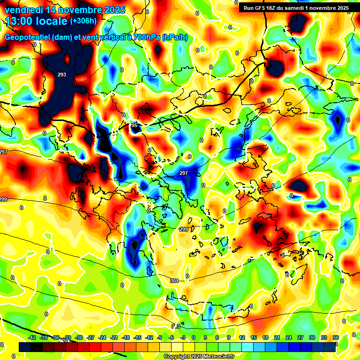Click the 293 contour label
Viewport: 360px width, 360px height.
point(62,75)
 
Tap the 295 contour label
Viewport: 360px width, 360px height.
point(134,126)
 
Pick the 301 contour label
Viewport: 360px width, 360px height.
point(174,281)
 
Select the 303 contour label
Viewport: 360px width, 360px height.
point(175,326)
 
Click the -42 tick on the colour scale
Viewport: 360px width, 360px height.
point(32,337)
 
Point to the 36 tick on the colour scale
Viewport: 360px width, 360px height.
point(336,337)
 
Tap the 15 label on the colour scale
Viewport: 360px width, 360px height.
point(254,337)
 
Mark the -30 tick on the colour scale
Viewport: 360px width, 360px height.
point(79,337)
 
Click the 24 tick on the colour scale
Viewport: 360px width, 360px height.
point(289,337)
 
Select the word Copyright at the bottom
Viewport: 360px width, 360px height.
point(177,357)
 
